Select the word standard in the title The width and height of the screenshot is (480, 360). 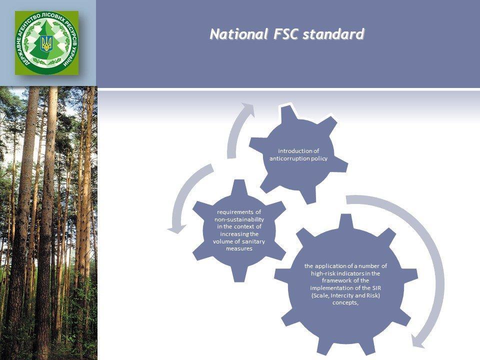(333, 34)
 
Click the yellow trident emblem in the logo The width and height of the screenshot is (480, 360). (46, 43)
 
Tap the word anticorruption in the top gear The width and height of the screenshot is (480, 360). (289, 158)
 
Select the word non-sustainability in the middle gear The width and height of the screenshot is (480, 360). (239, 219)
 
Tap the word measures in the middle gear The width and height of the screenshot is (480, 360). (239, 248)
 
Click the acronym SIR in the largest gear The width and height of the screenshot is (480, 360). (376, 288)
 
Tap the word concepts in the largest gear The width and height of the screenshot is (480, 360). (345, 303)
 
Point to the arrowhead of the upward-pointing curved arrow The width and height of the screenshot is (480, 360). (248, 110)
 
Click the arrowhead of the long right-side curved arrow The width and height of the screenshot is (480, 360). (418, 340)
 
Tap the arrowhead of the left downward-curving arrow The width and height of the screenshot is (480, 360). (176, 229)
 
